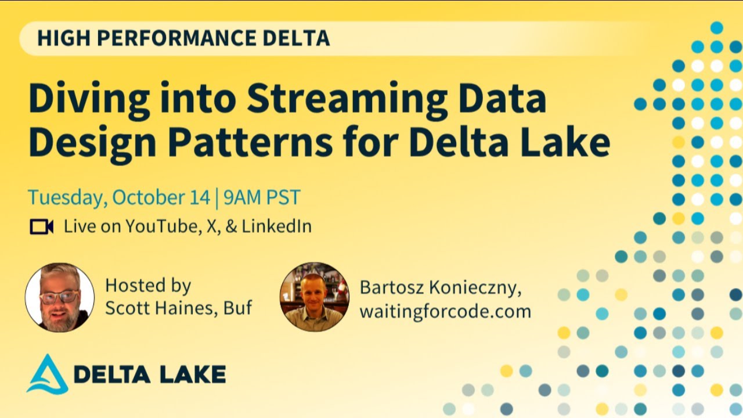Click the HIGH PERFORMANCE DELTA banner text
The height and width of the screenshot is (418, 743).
[x=183, y=38]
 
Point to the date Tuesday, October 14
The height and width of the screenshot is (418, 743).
[x=119, y=197]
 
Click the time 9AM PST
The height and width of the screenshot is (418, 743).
[x=262, y=197]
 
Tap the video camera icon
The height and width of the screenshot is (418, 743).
[x=42, y=226]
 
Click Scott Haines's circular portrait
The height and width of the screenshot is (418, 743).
[x=60, y=297]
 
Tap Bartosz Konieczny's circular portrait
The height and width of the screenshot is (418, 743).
[x=315, y=297]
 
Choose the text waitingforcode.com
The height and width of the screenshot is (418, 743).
[x=445, y=312]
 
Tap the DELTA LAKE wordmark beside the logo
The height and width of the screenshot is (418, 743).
[x=150, y=375]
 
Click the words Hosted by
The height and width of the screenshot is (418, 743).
[x=148, y=286]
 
